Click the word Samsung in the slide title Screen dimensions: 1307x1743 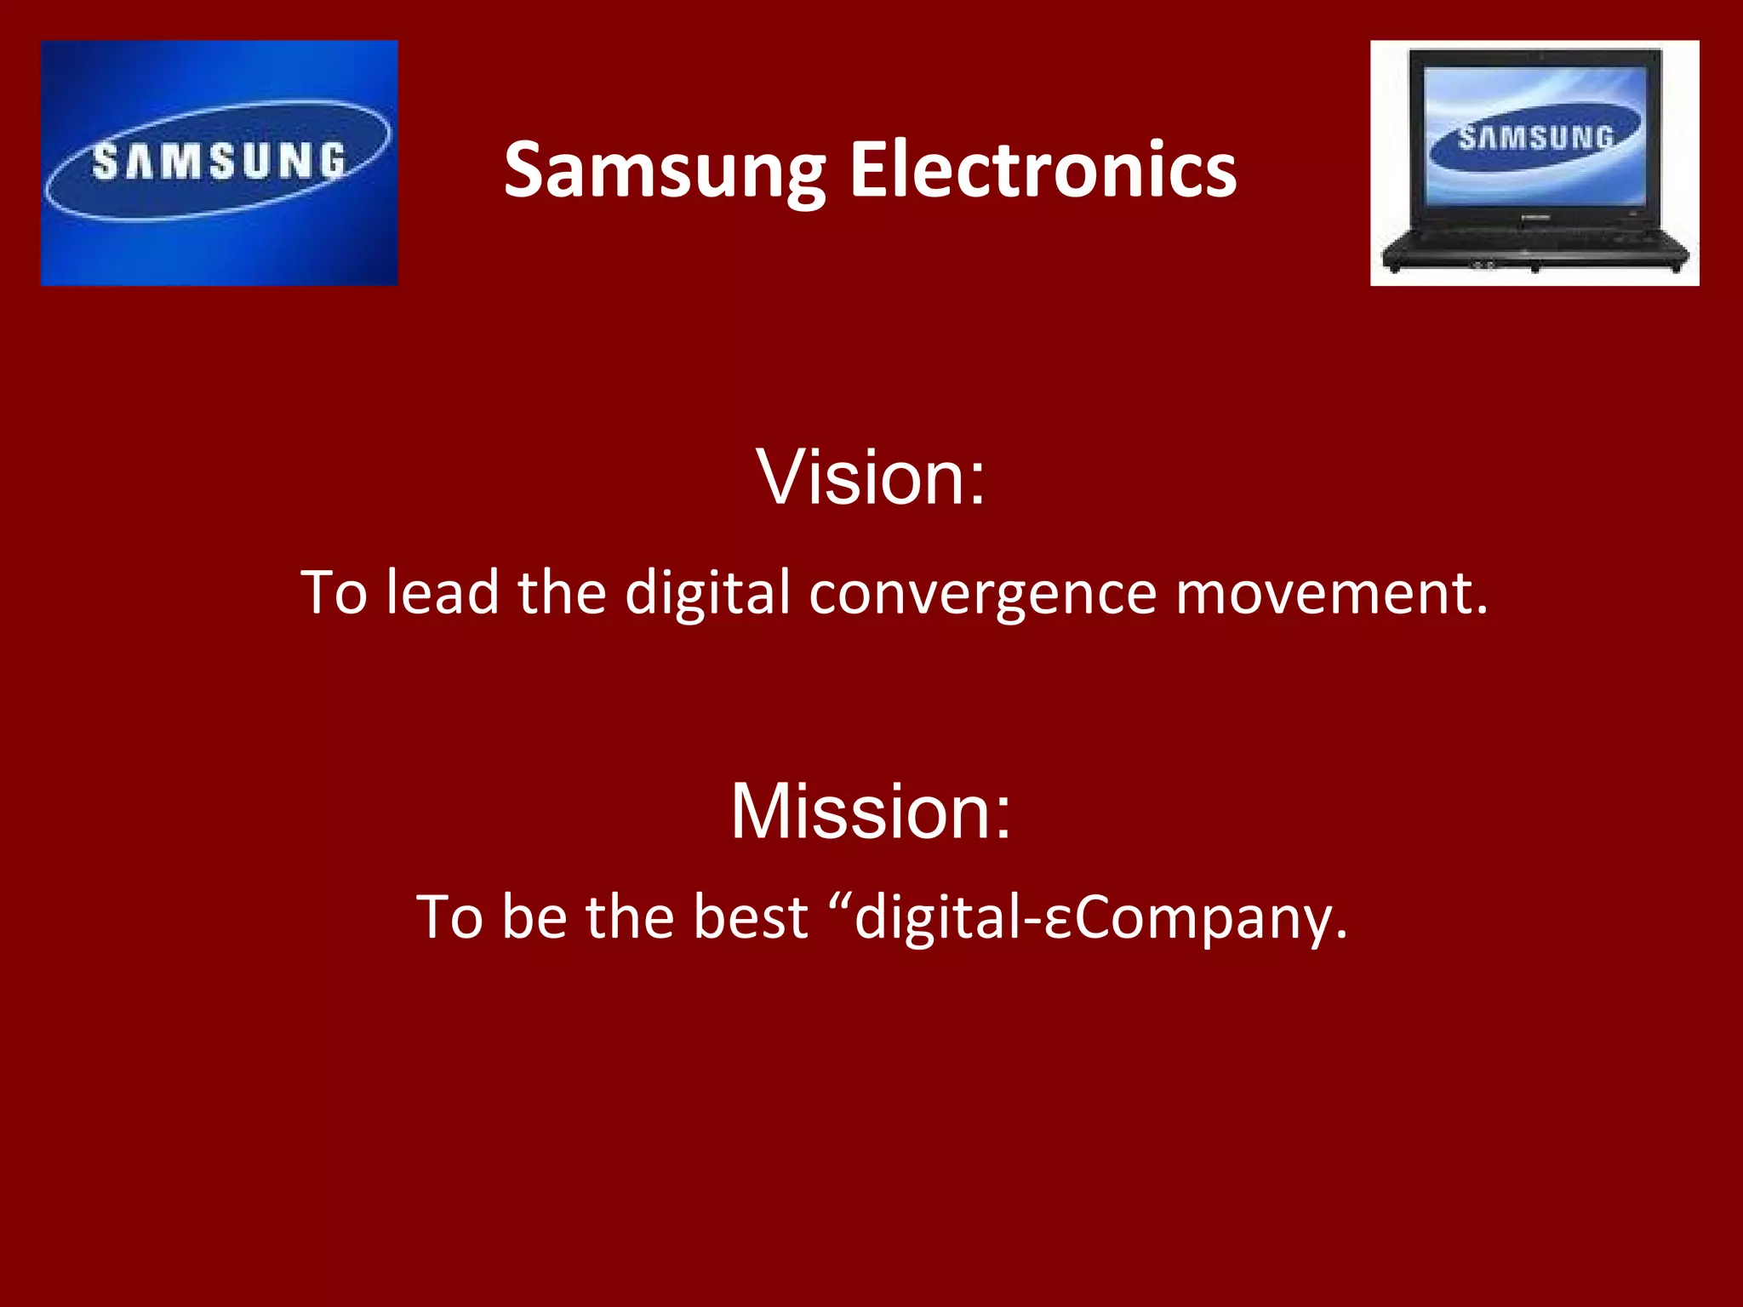665,172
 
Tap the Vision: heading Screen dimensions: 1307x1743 871,477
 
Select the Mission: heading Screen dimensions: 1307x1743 871,811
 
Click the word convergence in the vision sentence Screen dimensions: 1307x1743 982,593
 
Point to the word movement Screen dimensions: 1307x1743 1332,593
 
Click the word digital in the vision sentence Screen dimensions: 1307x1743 707,593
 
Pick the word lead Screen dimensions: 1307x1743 442,593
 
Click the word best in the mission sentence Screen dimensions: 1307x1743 750,917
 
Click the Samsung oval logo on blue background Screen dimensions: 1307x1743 219,162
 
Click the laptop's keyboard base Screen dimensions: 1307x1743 1534,247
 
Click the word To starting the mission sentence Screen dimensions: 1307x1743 449,917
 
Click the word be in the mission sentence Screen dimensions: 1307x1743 534,917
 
